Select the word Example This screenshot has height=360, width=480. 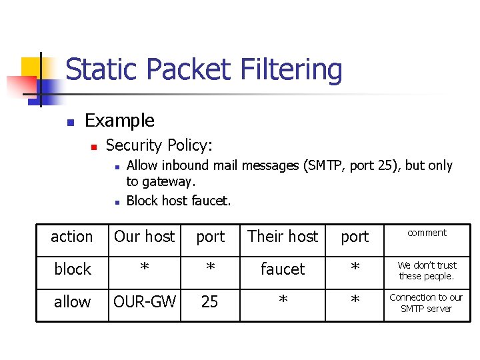point(120,121)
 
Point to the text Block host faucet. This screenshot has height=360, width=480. point(179,200)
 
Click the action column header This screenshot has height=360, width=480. point(72,237)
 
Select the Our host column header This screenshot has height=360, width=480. point(144,236)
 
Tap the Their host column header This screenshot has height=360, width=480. point(283,236)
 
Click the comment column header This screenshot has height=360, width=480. point(427,233)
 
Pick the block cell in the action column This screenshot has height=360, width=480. point(72,269)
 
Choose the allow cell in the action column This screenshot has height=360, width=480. point(72,302)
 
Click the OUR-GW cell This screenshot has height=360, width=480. point(144,302)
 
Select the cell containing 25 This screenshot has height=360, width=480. point(209,302)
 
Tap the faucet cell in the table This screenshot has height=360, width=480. point(283,269)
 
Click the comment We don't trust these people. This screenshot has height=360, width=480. point(427,271)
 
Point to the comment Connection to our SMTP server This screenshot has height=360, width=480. point(427,303)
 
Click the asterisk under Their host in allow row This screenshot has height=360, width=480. point(283,303)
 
